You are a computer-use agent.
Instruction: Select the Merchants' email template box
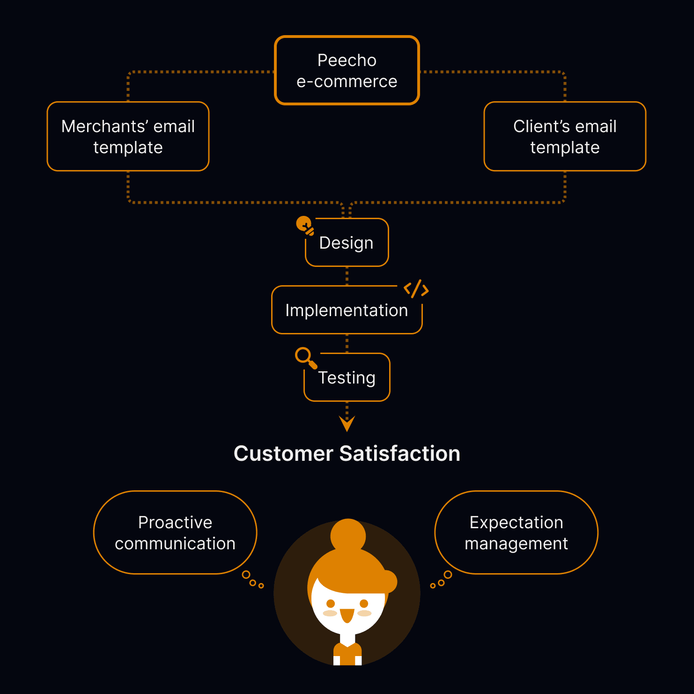click(x=128, y=136)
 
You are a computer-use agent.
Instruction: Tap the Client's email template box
click(x=565, y=136)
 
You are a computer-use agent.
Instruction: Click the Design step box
click(x=347, y=243)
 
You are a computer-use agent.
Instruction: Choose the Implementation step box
click(x=347, y=310)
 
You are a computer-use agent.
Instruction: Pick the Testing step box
click(x=347, y=378)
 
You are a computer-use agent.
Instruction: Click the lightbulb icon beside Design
click(x=305, y=225)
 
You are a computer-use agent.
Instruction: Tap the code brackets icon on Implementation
click(x=416, y=289)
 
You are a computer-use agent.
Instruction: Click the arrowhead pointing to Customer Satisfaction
click(x=347, y=423)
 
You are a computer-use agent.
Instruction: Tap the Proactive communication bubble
click(x=175, y=532)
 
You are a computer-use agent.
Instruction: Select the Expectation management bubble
click(x=516, y=532)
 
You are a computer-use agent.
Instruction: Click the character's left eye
click(x=331, y=603)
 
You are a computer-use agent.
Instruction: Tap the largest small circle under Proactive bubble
click(x=246, y=575)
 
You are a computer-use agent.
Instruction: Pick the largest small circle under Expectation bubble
click(x=448, y=575)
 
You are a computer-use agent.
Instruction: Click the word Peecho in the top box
click(x=347, y=60)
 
